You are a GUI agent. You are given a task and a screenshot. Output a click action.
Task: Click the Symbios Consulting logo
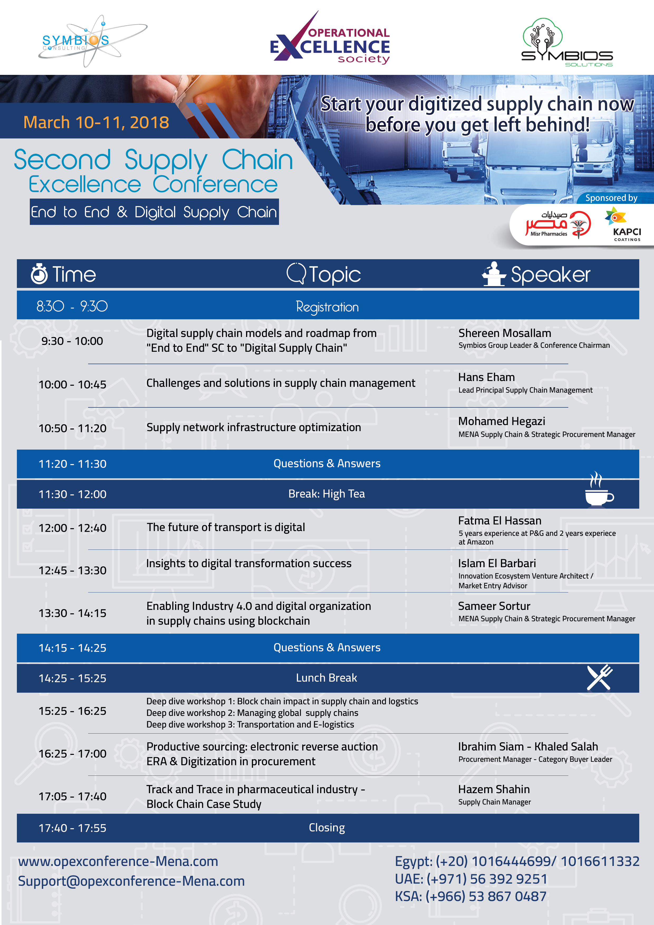93,41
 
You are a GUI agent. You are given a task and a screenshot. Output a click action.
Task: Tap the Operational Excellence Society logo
330,38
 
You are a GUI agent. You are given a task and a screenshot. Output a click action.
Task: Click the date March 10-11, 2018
96,122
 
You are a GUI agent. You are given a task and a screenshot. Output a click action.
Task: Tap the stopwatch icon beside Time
39,274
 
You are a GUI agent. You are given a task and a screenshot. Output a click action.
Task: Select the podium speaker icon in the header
494,274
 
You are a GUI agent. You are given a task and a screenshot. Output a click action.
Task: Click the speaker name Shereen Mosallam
504,333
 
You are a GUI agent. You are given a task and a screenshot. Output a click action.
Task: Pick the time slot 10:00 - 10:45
73,385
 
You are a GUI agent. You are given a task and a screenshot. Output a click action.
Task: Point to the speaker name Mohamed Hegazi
501,421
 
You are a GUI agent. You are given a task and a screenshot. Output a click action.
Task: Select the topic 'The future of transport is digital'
226,527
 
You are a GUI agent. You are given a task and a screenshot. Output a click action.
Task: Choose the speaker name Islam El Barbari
497,563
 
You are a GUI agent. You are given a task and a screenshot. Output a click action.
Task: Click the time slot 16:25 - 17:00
73,754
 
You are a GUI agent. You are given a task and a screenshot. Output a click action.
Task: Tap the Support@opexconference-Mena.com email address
131,881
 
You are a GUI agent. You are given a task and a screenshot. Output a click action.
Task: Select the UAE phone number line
471,879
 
